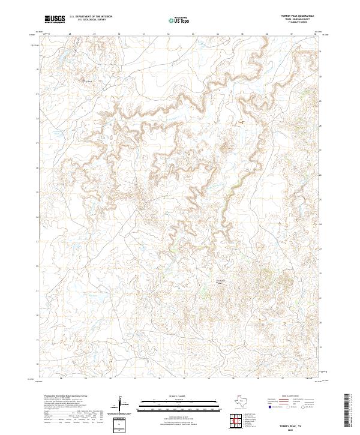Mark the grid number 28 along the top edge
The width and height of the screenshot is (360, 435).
tap(70, 34)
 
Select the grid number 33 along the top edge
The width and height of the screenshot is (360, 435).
tap(193, 34)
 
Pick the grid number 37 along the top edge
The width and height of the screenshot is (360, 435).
tap(292, 34)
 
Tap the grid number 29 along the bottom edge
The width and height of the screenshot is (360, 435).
tap(86, 379)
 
